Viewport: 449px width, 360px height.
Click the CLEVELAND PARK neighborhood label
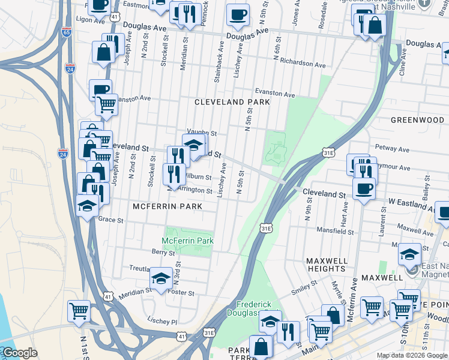(232, 102)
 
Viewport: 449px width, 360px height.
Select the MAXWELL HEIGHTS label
(326, 265)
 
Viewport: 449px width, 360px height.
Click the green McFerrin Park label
(188, 241)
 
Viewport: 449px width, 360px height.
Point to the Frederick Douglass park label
(258, 308)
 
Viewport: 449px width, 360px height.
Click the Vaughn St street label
(201, 133)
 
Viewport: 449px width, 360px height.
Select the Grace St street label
(110, 220)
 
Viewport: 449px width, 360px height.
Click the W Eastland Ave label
(411, 202)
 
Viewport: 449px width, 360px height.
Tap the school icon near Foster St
(161, 279)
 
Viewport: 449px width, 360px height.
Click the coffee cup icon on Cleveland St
(364, 189)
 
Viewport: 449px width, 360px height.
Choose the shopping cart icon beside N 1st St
(79, 311)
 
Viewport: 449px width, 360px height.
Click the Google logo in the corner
(19, 353)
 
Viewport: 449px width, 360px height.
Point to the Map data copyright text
(412, 355)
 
